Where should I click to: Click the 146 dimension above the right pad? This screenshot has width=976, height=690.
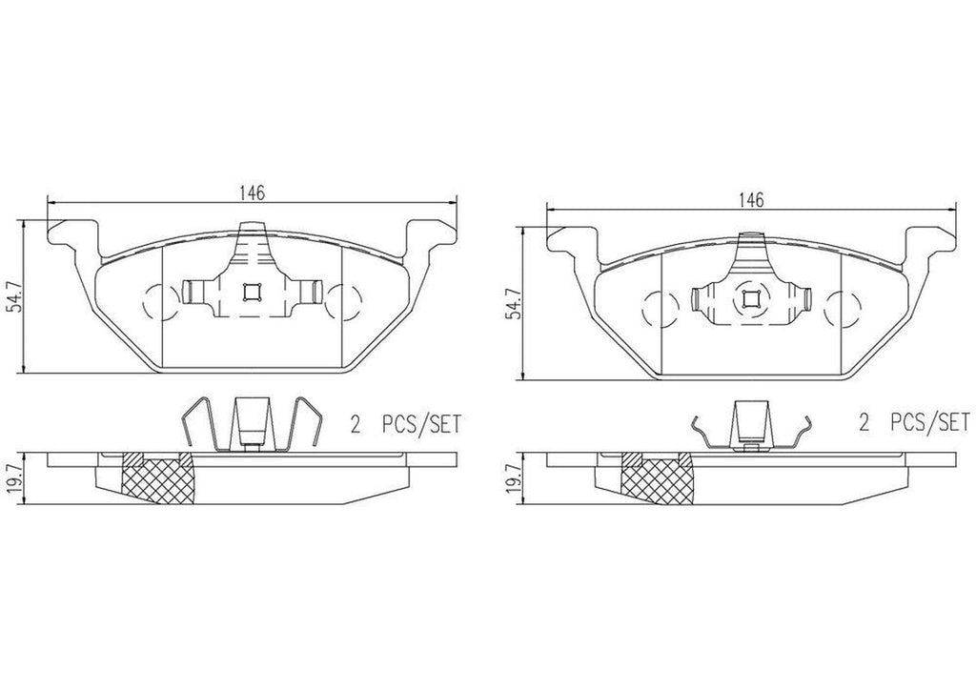click(x=751, y=199)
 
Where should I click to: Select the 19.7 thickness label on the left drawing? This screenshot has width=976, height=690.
click(x=10, y=473)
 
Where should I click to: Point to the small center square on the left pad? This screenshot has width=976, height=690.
click(x=252, y=294)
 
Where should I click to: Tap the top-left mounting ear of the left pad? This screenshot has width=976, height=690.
click(x=71, y=233)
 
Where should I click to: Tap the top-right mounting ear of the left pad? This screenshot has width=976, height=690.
click(x=425, y=233)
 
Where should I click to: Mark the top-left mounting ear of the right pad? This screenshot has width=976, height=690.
click(x=570, y=239)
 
